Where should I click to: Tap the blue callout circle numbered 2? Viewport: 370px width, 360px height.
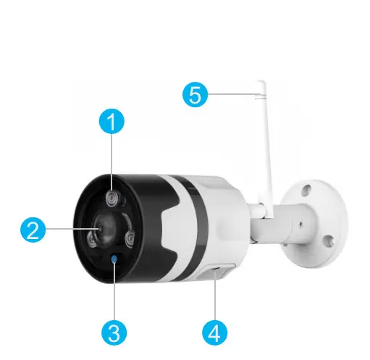[30, 231]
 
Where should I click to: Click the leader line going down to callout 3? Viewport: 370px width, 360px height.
[114, 297]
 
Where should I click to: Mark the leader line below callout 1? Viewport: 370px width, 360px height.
[112, 159]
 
